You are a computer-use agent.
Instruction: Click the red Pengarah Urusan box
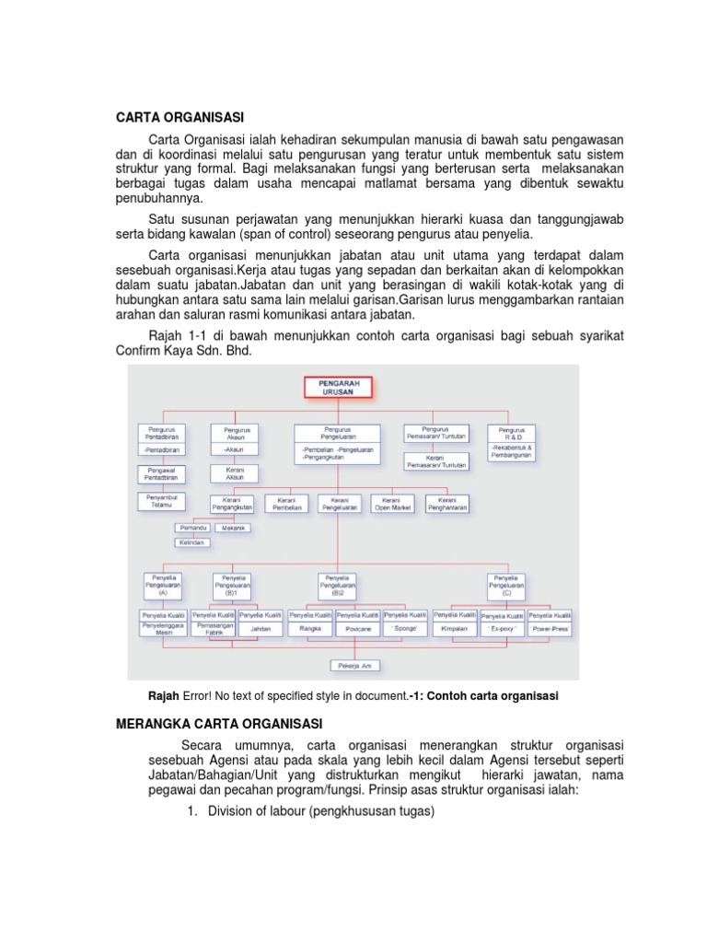tap(337, 387)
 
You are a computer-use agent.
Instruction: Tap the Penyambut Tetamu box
tap(161, 502)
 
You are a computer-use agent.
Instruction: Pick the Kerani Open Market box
tap(391, 503)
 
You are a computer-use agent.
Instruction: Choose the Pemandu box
tap(191, 529)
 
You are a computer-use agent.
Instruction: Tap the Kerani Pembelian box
tap(286, 503)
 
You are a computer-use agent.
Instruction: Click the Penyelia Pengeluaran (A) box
tap(163, 585)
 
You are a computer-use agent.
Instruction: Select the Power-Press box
tap(549, 628)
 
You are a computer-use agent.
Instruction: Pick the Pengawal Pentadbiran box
tap(161, 474)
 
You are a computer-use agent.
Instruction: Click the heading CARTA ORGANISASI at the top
tap(180, 117)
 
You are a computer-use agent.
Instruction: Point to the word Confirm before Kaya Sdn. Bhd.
tap(141, 352)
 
